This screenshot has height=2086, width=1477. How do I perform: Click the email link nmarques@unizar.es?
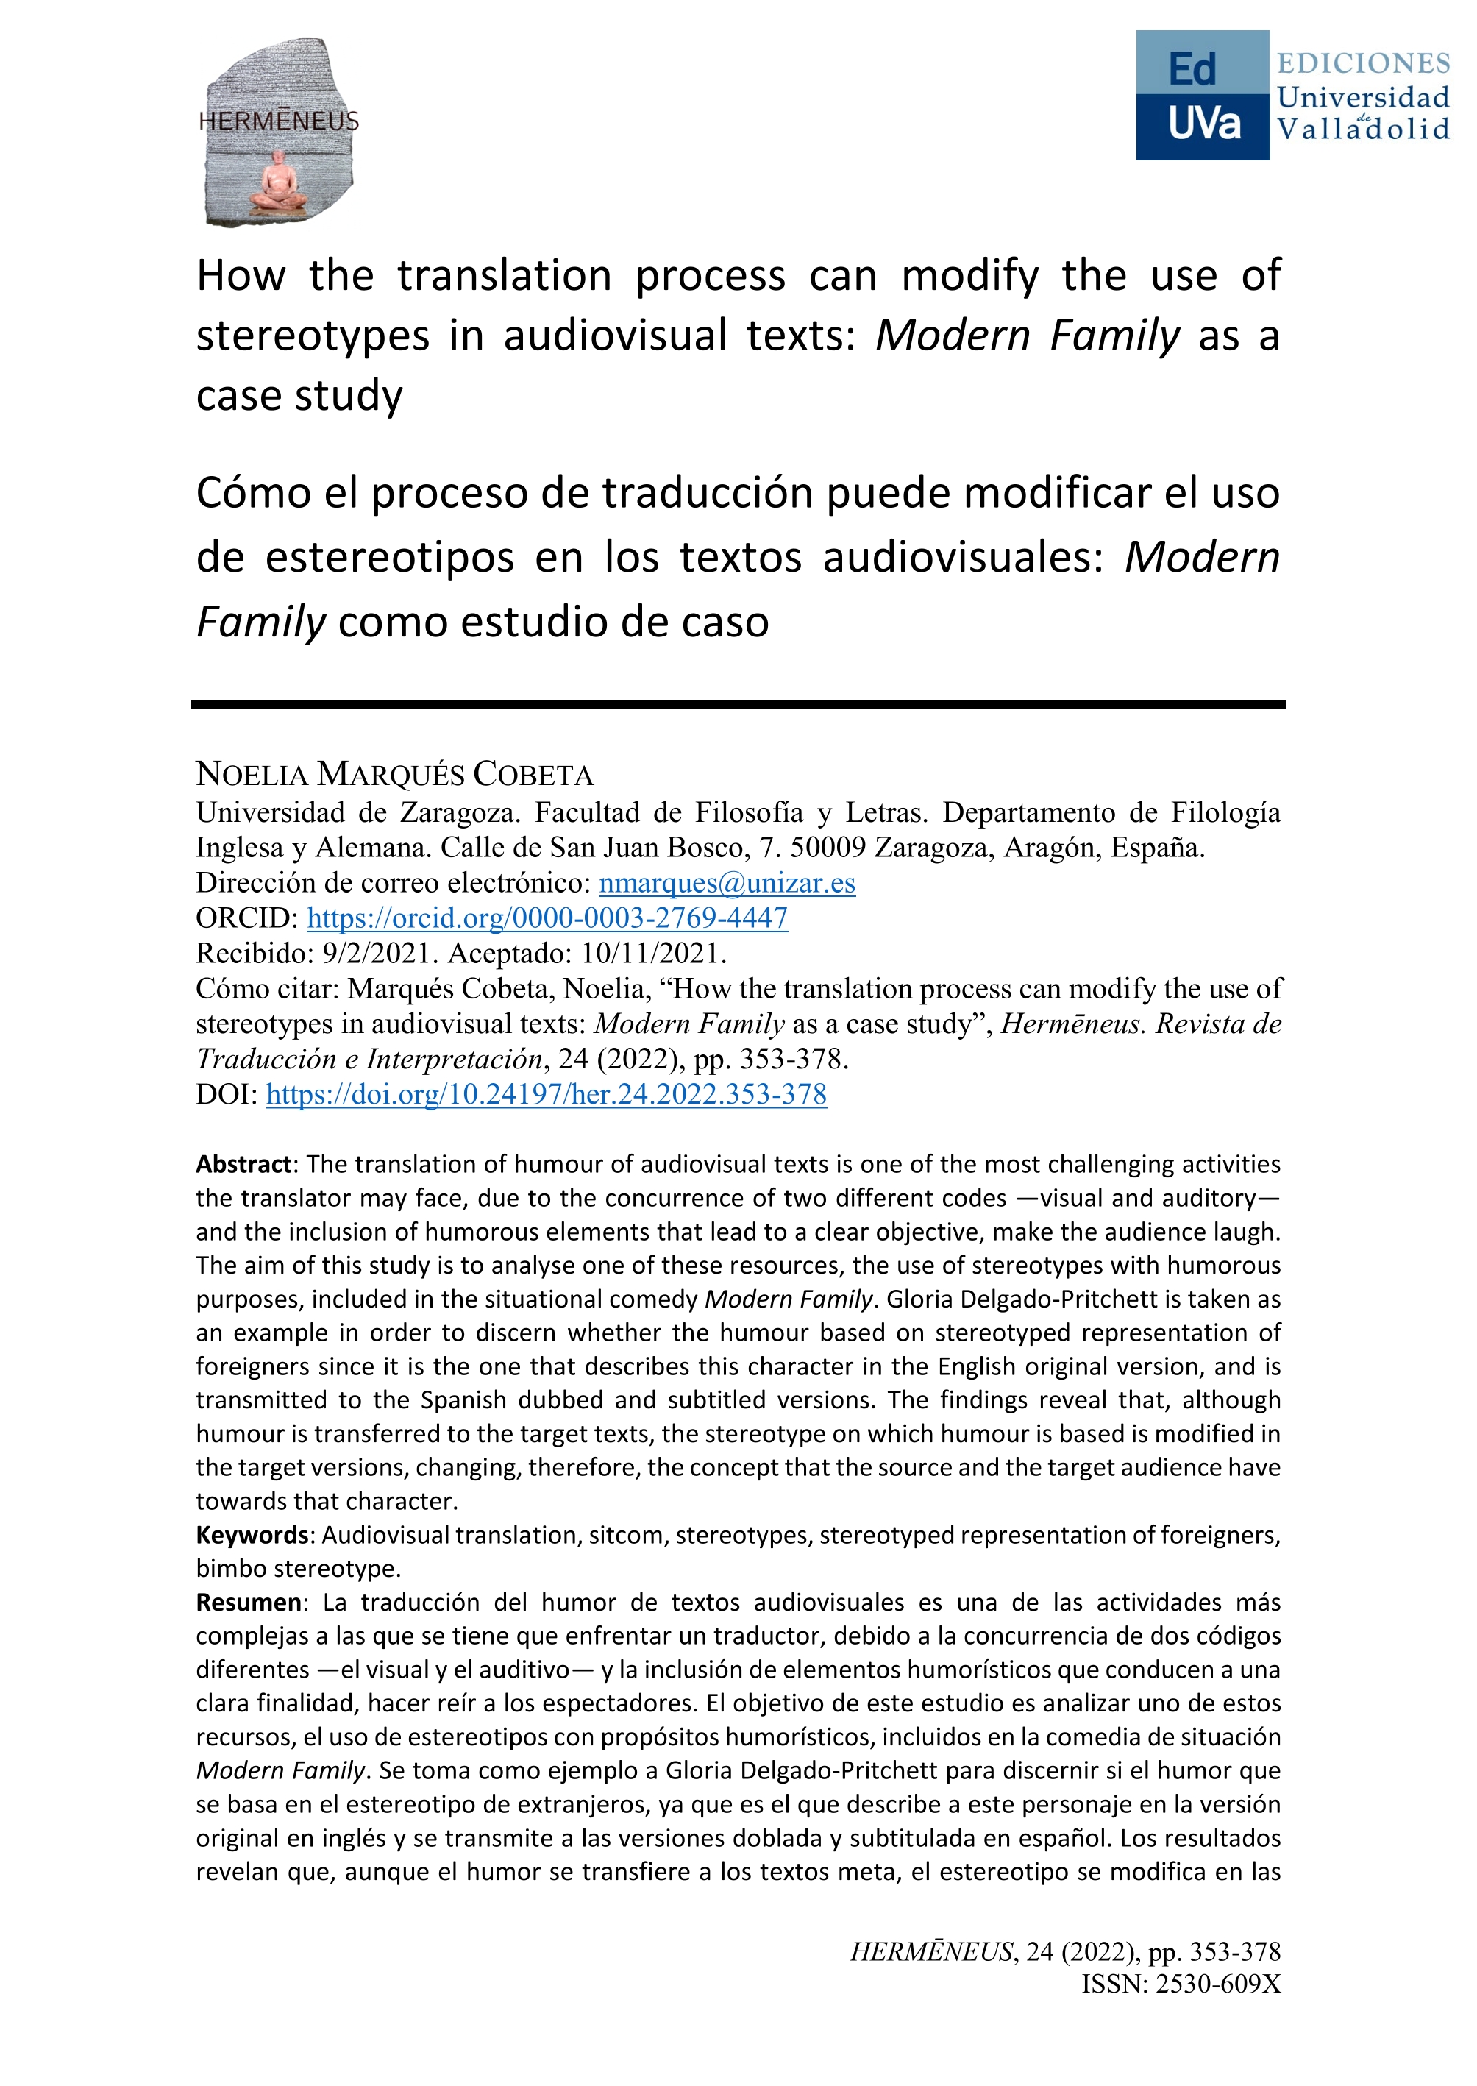(727, 882)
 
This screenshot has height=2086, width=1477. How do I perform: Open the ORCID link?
(547, 918)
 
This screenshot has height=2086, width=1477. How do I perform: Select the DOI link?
(546, 1093)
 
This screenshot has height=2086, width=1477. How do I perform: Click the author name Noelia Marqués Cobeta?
(395, 774)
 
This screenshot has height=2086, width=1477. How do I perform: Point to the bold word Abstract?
(243, 1165)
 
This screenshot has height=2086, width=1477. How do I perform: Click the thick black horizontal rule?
(738, 704)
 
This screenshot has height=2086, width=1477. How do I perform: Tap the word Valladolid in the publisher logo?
(1362, 130)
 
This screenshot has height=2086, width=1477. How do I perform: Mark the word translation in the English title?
(505, 276)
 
